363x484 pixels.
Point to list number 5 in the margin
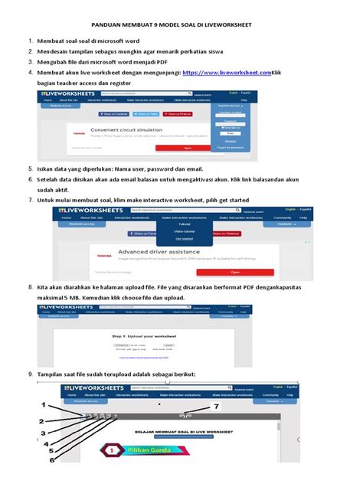click(30, 167)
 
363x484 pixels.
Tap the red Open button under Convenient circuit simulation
click(187, 148)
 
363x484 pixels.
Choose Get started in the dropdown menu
click(184, 238)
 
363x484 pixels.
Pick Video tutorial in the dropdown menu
click(184, 231)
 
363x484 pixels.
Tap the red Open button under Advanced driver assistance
click(234, 271)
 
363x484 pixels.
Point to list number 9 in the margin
click(30, 374)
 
